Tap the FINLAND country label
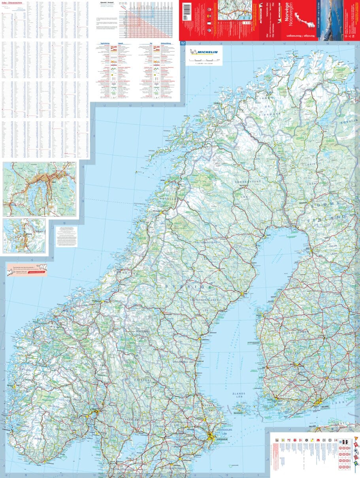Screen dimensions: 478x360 pyautogui.click(x=328, y=218)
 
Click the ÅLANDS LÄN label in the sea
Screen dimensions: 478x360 pyautogui.click(x=239, y=395)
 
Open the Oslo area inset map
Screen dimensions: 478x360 pyautogui.click(x=39, y=189)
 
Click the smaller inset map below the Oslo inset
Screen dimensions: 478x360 pyautogui.click(x=25, y=236)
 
